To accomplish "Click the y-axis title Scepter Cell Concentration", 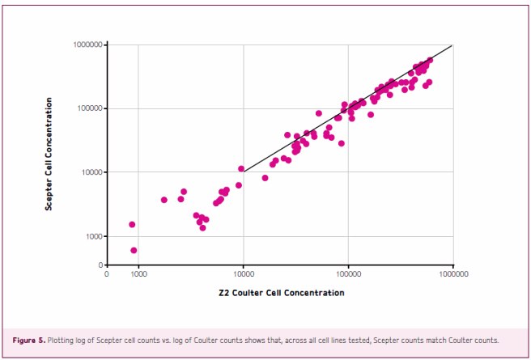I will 49,155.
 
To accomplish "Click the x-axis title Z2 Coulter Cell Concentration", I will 281,292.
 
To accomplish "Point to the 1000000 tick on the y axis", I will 87,45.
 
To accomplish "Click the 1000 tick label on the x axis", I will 138,274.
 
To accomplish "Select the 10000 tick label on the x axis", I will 243,274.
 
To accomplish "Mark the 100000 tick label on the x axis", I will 348,274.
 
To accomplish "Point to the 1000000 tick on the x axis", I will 452,274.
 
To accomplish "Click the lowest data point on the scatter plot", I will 134,251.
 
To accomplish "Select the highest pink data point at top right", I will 429,60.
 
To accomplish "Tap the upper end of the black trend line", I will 452,45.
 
